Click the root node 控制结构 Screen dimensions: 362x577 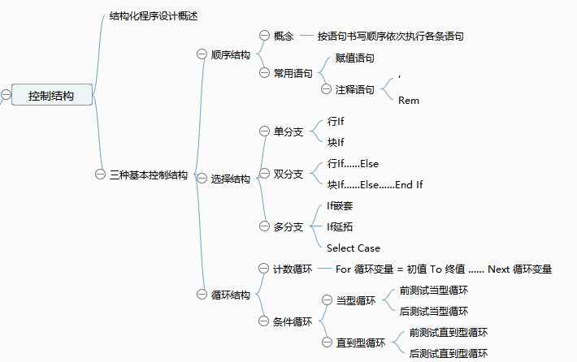point(51,96)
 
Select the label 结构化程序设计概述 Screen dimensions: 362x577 point(154,16)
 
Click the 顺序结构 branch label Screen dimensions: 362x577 point(230,55)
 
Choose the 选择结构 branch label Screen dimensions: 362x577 point(230,179)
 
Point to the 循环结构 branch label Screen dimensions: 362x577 point(230,295)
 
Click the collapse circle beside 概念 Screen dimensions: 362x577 point(263,35)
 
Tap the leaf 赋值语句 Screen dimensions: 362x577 point(355,58)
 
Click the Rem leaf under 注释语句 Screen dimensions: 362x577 point(409,101)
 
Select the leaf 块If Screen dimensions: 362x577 point(336,143)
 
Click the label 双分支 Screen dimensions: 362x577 point(288,174)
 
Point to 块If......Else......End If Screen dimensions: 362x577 point(375,185)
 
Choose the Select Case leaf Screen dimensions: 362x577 point(354,248)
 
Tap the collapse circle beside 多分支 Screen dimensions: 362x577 point(263,226)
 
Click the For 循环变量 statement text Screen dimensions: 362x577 point(444,269)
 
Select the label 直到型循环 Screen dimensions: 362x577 point(361,343)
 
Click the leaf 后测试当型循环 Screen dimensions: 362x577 point(434,311)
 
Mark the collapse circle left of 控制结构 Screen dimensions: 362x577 point(6,95)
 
